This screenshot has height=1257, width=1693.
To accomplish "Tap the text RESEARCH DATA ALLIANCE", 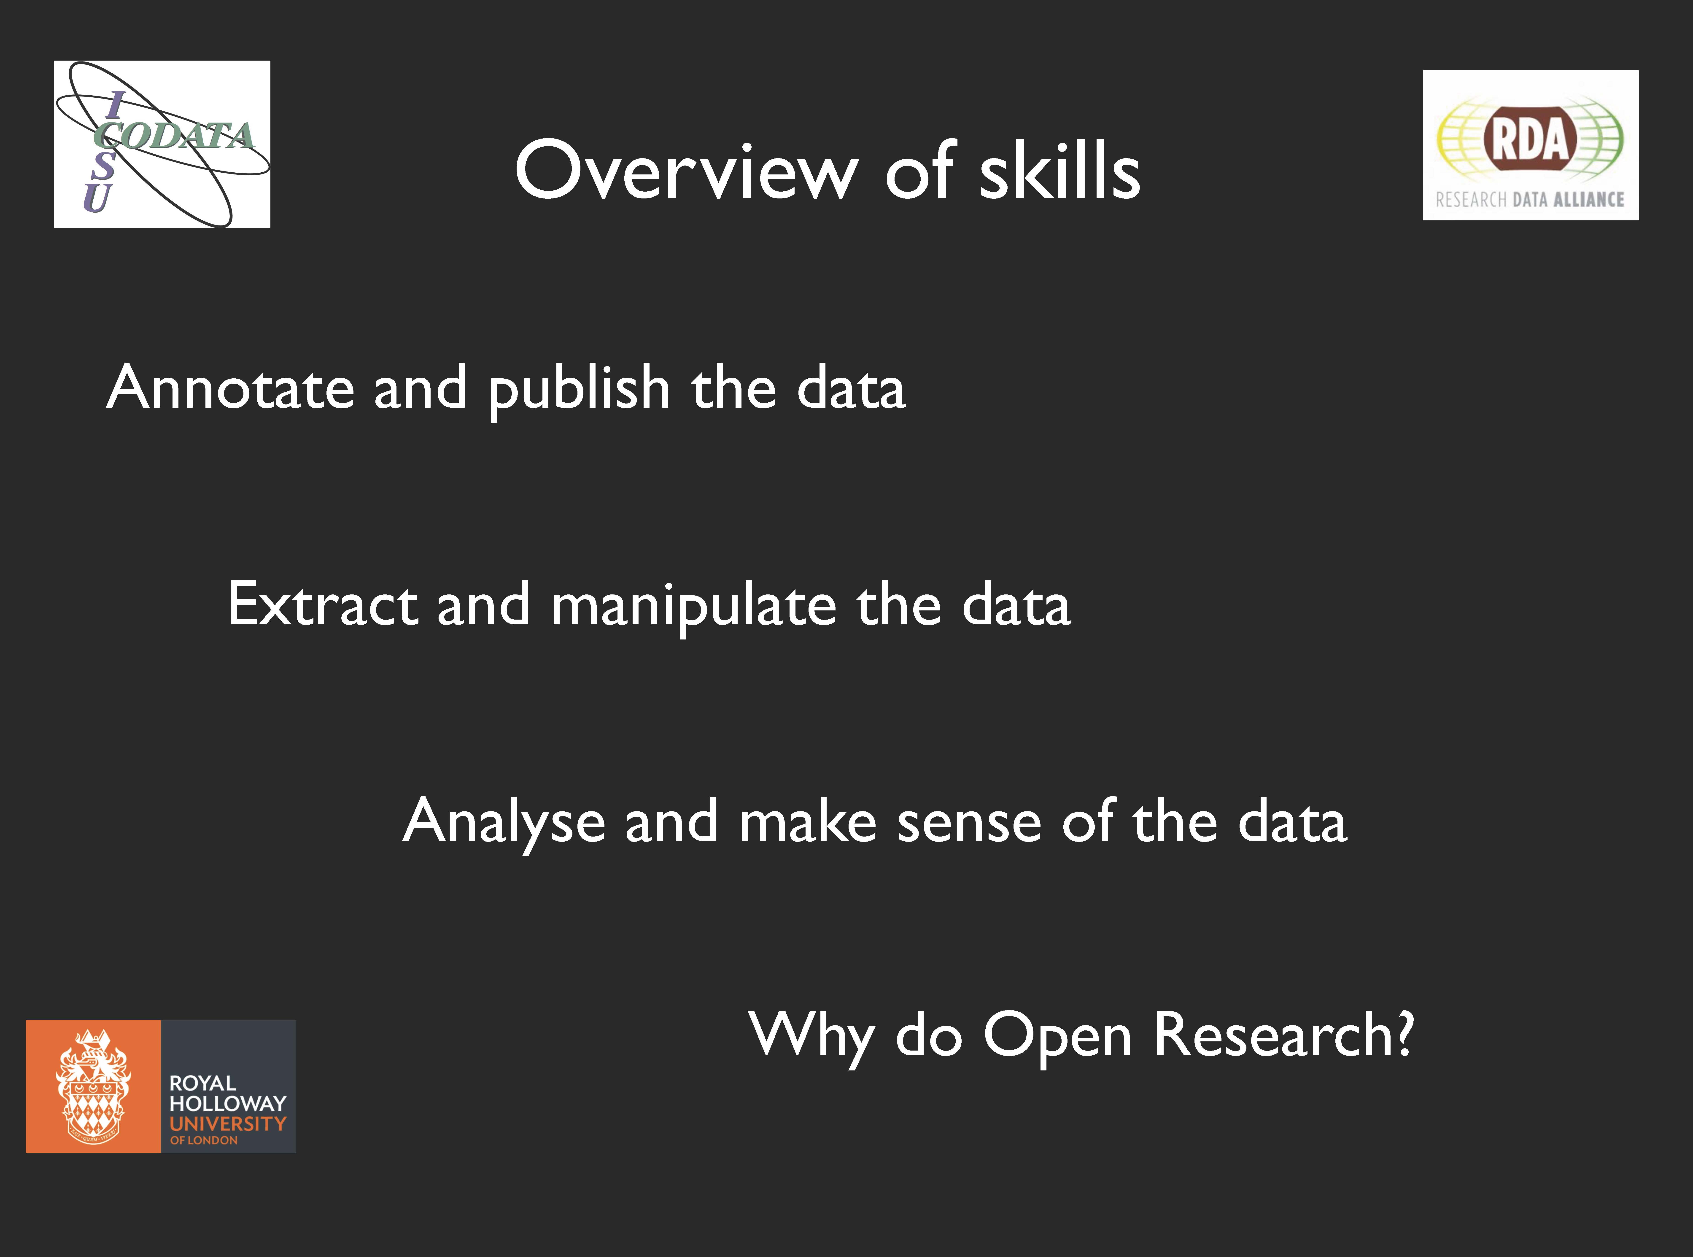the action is click(1530, 199).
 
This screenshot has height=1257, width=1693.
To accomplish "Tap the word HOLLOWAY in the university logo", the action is click(228, 1103).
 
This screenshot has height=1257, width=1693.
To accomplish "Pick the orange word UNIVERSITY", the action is click(228, 1124).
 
